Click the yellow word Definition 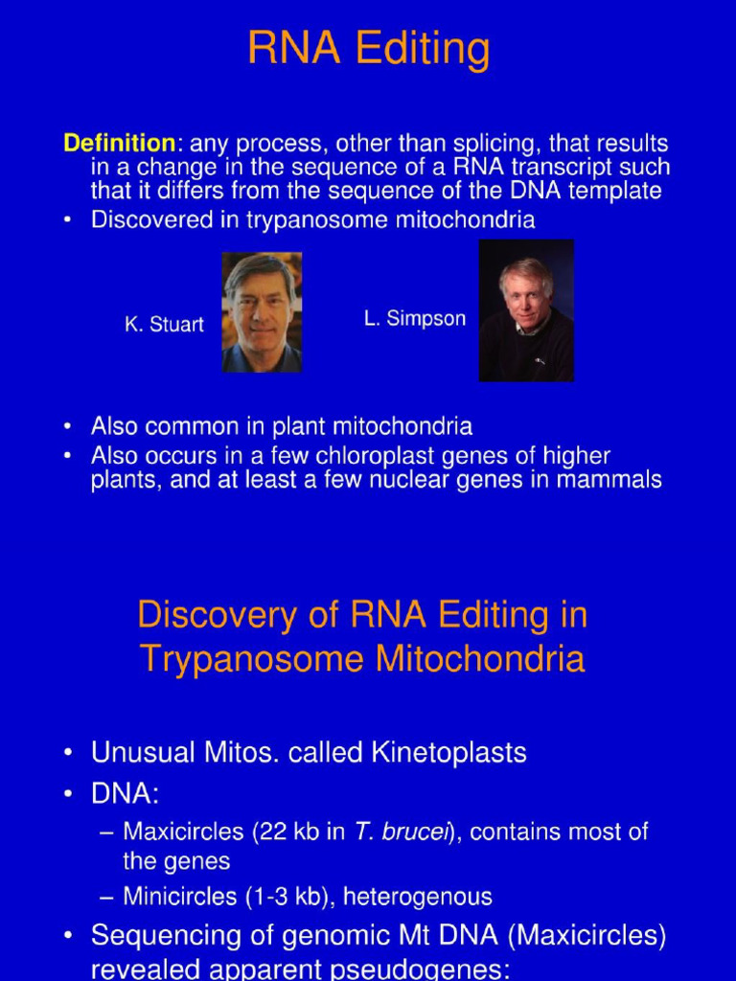119,144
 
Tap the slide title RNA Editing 368,48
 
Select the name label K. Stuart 164,325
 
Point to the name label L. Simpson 415,319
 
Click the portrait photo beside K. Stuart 262,312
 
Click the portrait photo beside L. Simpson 526,310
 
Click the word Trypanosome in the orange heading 252,659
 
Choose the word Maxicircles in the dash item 185,832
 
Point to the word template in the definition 613,190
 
